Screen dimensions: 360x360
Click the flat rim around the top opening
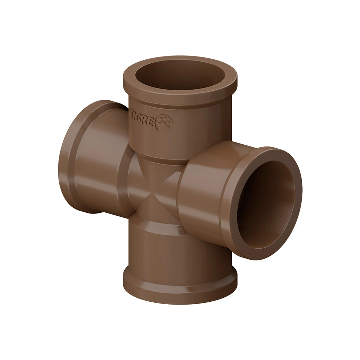pos(180,96)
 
